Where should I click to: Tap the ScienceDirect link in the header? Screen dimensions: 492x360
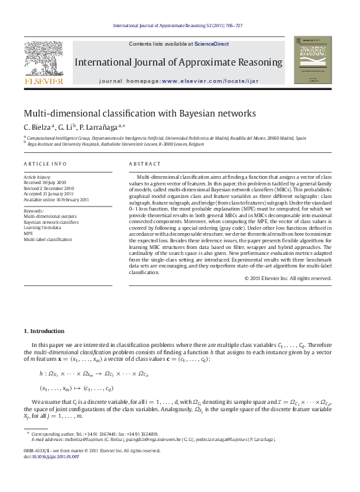(x=212, y=44)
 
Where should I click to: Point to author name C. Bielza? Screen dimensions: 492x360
(x=38, y=126)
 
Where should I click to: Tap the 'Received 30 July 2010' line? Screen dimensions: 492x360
(x=45, y=182)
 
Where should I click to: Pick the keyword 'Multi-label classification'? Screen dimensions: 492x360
(x=48, y=239)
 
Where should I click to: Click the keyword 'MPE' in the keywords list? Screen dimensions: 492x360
(x=28, y=233)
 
